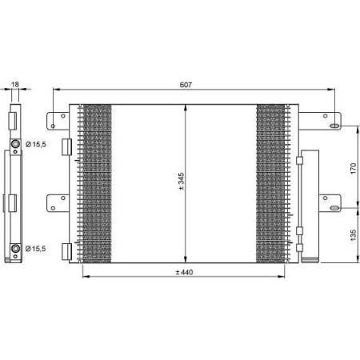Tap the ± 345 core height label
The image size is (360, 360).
pyautogui.click(x=182, y=182)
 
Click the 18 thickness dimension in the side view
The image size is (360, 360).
pyautogui.click(x=14, y=82)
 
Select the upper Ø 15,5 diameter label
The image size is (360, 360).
pyautogui.click(x=37, y=144)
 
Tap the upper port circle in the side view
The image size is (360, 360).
pyautogui.click(x=14, y=144)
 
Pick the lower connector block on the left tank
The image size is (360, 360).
pyautogui.click(x=68, y=250)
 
